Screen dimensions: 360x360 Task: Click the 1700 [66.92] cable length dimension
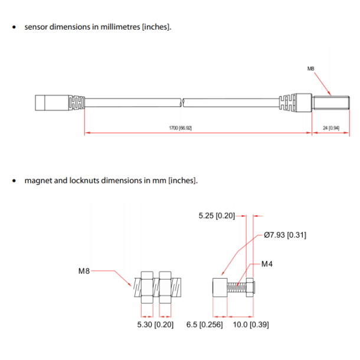[x=180, y=128]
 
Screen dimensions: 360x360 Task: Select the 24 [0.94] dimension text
[x=330, y=128]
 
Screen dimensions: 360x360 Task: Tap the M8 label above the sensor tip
[x=311, y=69]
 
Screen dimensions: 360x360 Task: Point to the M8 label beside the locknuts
[x=84, y=271]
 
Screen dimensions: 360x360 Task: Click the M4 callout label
[x=267, y=264]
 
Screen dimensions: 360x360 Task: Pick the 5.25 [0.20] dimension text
[x=216, y=216]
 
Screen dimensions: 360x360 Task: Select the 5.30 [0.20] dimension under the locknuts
[x=154, y=325]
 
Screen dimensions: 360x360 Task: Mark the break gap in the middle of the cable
[x=181, y=103]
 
